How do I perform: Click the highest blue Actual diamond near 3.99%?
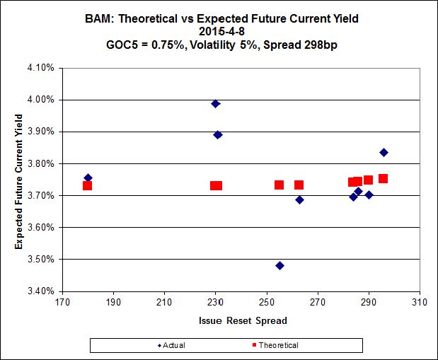tap(216, 103)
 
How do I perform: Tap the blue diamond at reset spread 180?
tap(88, 178)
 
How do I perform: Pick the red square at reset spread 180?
tap(87, 185)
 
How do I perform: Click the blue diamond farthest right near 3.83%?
tap(384, 152)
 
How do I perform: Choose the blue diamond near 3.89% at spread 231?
tap(218, 134)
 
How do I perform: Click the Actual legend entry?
tap(172, 345)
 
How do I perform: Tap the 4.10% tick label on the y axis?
tap(42, 68)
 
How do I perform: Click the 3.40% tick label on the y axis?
tap(42, 291)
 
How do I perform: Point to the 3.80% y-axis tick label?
tap(42, 163)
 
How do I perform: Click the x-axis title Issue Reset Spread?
tap(241, 320)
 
